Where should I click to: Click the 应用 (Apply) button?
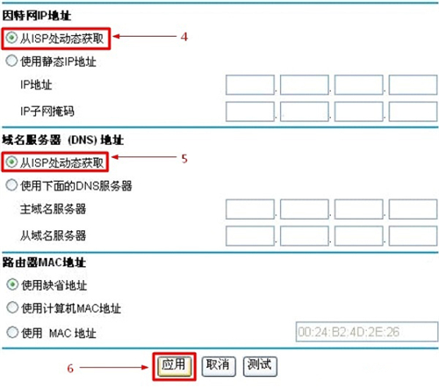point(174,366)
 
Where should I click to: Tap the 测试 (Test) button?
point(260,366)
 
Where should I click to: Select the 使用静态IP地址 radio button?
point(11,61)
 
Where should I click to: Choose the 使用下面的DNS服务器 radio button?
point(11,185)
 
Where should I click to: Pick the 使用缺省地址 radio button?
point(12,285)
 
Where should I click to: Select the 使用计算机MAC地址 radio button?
point(12,307)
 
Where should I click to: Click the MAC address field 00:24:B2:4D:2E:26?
point(367,332)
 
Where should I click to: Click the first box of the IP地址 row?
point(250,85)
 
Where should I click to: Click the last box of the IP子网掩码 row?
point(413,112)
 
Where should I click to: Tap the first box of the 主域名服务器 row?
point(250,209)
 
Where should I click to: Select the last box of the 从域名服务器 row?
point(413,235)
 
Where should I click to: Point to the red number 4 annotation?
point(184,37)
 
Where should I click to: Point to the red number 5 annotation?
point(184,159)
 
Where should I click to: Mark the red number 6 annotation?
point(70,368)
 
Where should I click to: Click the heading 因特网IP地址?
point(37,16)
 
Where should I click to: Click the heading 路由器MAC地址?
point(44,263)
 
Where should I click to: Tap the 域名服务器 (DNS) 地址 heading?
point(63,140)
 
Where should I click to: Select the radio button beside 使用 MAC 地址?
point(12,332)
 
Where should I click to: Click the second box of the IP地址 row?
point(305,85)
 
